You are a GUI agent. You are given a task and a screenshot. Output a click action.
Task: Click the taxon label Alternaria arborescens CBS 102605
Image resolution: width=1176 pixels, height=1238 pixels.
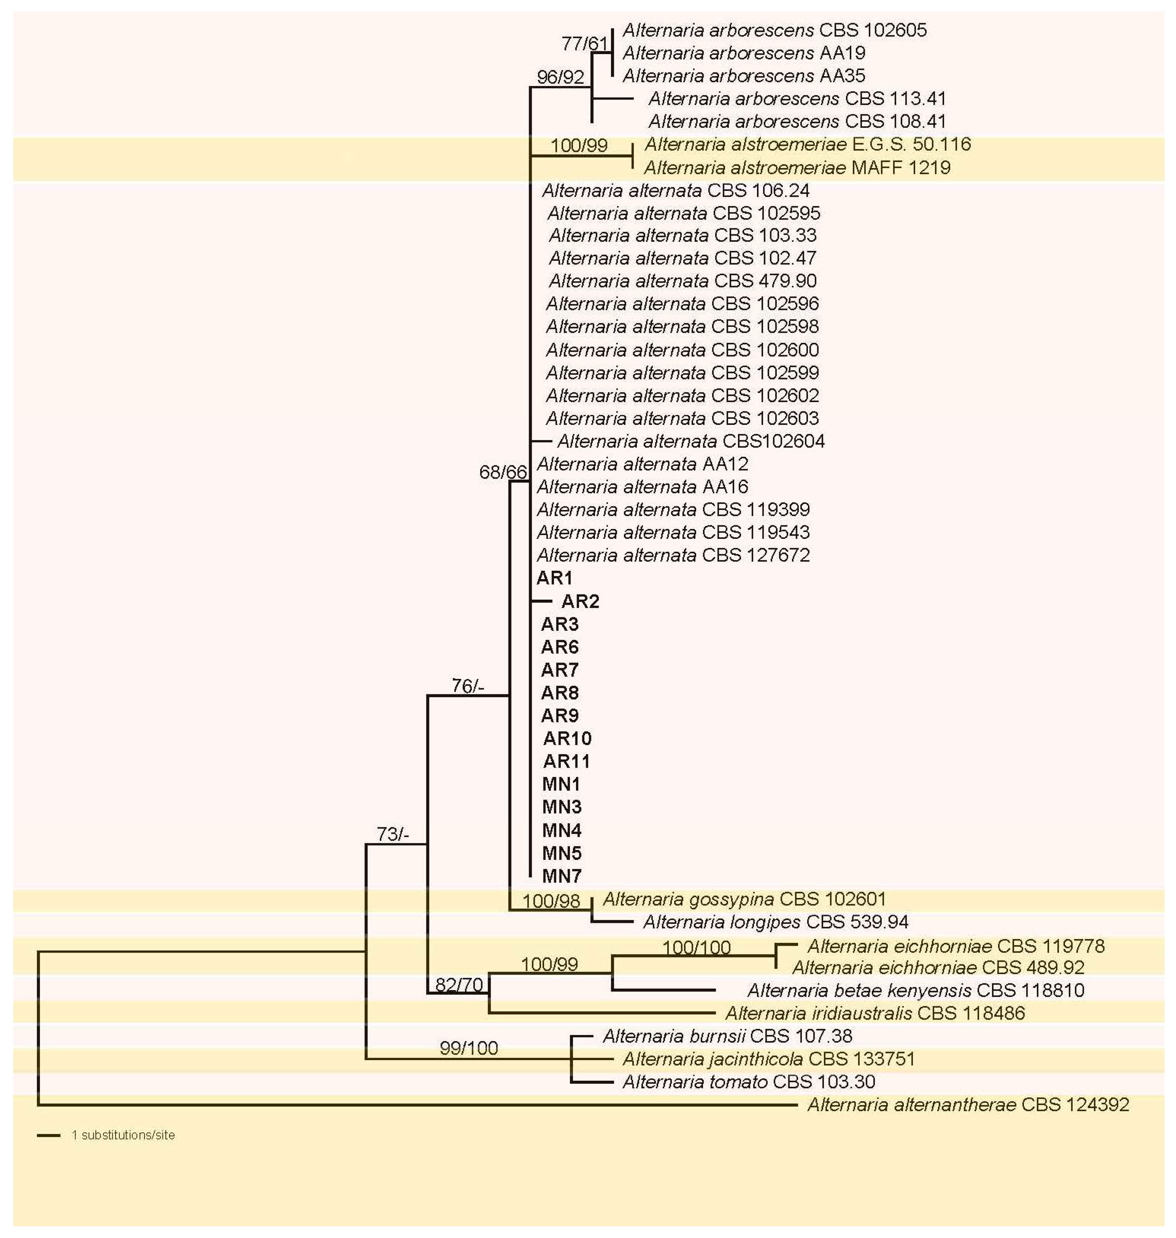[774, 30]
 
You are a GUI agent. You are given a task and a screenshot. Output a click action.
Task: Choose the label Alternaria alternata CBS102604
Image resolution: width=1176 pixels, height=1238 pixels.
[691, 441]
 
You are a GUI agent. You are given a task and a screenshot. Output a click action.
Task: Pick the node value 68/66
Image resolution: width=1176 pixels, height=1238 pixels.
[503, 472]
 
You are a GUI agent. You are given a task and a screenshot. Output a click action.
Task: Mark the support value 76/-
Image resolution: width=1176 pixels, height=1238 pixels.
[468, 686]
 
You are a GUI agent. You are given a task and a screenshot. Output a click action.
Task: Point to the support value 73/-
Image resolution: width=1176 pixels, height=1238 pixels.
[392, 834]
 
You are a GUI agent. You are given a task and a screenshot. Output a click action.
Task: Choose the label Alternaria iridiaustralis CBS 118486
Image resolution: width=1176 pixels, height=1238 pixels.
[875, 1013]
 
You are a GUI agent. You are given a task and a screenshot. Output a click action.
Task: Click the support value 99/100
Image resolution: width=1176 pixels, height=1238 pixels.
[469, 1048]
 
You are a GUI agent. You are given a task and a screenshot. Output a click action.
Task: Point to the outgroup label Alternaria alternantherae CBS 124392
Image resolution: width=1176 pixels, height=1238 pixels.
[968, 1104]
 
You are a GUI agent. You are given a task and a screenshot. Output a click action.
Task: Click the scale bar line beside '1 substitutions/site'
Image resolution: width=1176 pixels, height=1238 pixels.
[48, 1135]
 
